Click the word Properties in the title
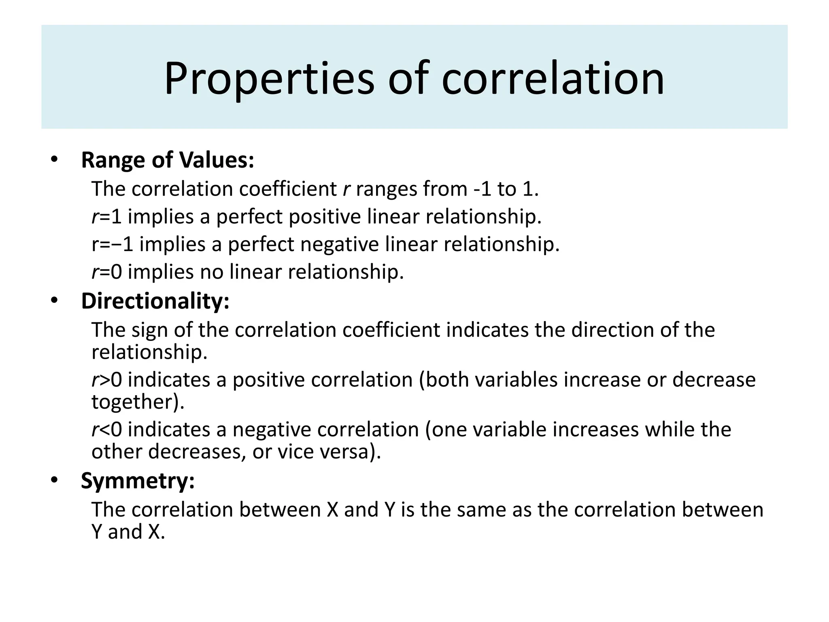[269, 78]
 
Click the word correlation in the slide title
[553, 78]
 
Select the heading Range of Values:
[168, 160]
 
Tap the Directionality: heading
[155, 301]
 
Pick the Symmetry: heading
[138, 481]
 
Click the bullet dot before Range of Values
[54, 160]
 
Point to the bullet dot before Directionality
[54, 301]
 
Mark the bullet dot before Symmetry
[54, 481]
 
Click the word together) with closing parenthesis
[138, 402]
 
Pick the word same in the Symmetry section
[481, 509]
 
